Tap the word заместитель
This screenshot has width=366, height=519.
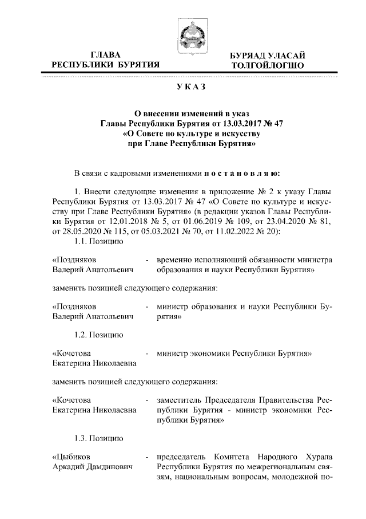[184, 399]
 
